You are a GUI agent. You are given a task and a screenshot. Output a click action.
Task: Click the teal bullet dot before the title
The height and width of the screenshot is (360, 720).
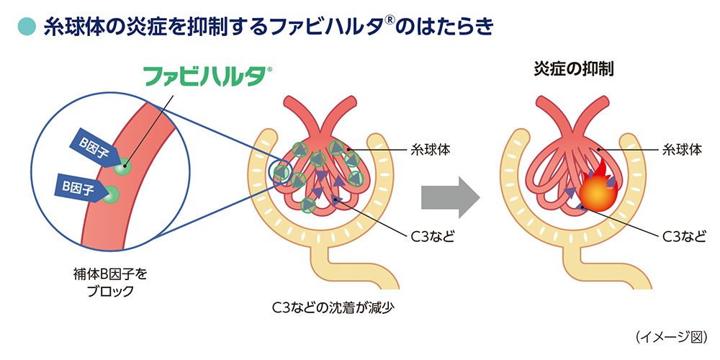25,27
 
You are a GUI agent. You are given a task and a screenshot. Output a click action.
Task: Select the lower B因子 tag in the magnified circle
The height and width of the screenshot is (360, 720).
76,188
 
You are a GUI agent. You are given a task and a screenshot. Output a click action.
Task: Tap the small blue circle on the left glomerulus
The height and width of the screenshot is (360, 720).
279,171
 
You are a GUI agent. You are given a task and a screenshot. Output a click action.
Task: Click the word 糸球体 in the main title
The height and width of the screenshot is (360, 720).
75,27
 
